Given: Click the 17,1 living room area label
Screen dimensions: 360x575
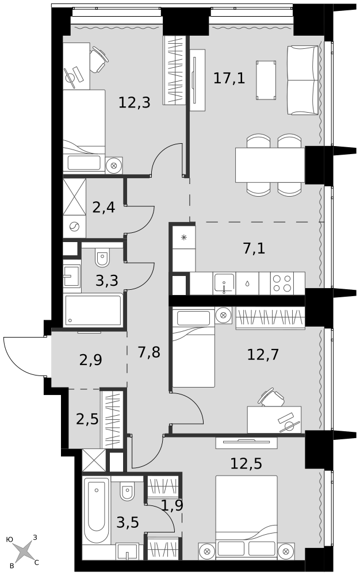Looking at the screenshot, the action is pos(229,78).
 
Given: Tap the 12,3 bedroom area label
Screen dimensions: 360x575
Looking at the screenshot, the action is pos(134,102).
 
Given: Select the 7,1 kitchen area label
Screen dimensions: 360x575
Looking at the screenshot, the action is pos(254,248).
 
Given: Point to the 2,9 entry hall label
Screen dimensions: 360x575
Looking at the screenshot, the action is pos(90,360).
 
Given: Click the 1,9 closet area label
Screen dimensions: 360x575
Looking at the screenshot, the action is pos(172,505).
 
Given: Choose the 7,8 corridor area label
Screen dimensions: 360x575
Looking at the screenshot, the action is pos(149,352).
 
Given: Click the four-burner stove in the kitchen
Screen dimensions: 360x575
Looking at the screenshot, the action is pos(282,283).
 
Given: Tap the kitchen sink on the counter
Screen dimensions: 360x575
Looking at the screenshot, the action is pos(224,283).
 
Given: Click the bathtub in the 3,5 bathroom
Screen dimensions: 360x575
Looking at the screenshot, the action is pos(96,510).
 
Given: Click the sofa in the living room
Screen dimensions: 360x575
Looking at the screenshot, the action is pos(302,80).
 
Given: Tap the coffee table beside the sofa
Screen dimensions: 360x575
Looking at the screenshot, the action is pos(266,80).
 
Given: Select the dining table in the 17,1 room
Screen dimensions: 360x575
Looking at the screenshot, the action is pos(270,164).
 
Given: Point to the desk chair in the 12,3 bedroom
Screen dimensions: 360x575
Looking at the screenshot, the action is pos(99,60).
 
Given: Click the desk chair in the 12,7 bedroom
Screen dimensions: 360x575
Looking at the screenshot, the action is pos(273,397).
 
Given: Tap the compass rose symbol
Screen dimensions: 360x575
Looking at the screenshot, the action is pos(24,551).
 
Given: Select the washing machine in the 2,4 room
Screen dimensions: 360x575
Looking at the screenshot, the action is pos(74,227).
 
